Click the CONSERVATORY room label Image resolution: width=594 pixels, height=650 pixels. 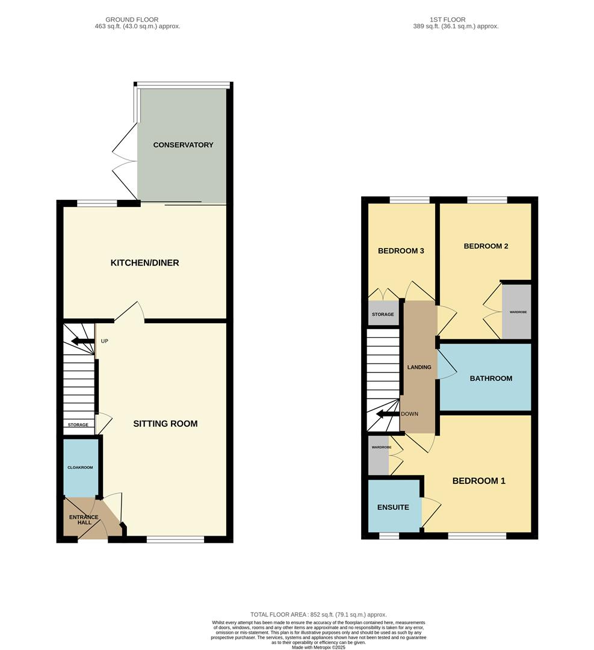(183, 145)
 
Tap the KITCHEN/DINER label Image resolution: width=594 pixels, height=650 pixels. (144, 263)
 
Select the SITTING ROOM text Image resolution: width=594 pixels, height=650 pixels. (166, 424)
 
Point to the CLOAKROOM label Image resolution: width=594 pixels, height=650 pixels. (79, 467)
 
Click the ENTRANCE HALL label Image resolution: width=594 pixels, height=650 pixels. (84, 519)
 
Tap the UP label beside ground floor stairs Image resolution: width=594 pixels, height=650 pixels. (105, 341)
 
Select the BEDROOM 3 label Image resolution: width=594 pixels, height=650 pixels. (401, 251)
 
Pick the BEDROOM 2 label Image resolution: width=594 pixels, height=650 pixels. (486, 246)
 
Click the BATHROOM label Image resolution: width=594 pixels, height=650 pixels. (491, 379)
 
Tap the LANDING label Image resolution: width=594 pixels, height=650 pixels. (419, 367)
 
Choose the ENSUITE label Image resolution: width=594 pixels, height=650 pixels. (394, 507)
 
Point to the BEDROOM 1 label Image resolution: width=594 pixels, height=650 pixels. (478, 481)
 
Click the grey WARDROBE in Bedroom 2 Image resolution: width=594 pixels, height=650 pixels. (518, 312)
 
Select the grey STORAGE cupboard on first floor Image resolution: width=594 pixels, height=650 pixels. (383, 315)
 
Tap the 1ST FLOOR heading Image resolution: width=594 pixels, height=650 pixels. (448, 20)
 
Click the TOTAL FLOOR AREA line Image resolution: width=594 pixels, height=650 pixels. (318, 614)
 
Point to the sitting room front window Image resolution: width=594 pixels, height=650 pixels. (175, 540)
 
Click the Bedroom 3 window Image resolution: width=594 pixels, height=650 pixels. (409, 200)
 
